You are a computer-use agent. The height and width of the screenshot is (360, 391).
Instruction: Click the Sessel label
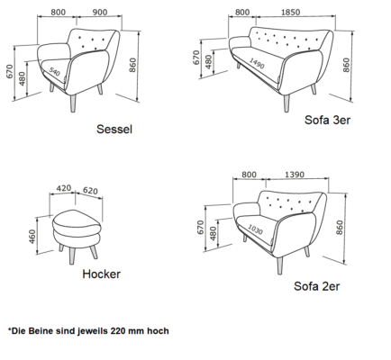coord(114,130)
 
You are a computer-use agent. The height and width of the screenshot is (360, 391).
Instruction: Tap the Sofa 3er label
coord(327,120)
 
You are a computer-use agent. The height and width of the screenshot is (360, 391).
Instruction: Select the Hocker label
coord(101,274)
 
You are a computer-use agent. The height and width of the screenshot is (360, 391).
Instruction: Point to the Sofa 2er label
coord(317,286)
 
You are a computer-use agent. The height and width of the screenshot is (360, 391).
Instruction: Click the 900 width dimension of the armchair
coord(99,13)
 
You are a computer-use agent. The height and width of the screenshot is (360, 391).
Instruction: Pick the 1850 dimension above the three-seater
coord(290,13)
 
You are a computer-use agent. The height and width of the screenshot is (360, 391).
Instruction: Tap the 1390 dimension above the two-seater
coord(295,175)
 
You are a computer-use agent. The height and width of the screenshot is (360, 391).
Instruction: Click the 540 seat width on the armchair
coord(54,72)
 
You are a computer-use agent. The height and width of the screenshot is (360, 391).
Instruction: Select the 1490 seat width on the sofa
coord(257,63)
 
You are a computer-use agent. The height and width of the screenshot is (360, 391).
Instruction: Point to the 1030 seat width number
coord(255,229)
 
